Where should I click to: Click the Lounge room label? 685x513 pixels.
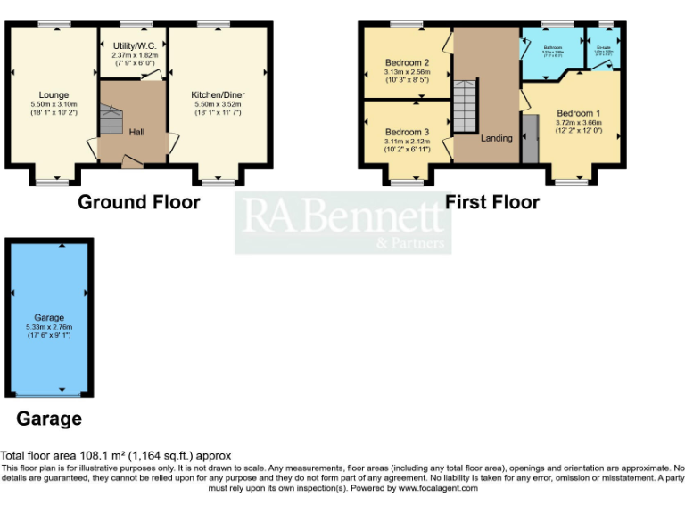coord(54,95)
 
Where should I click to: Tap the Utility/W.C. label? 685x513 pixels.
coord(135,45)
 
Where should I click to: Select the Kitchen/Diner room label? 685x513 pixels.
coord(218,94)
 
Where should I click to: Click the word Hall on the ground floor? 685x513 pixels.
coord(136,132)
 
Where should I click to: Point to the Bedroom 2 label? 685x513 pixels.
coord(408,62)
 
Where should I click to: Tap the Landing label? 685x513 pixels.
coord(497,138)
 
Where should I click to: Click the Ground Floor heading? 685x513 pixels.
coord(139,202)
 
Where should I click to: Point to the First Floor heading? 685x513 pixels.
coord(492,202)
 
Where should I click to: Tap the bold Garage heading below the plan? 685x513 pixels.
coord(49,419)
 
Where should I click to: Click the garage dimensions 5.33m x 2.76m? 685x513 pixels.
coord(49,327)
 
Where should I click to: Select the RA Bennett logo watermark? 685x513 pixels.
coord(343,223)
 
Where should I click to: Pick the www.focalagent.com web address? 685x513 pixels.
coord(438,488)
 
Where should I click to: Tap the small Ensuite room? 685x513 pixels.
coord(603,50)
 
